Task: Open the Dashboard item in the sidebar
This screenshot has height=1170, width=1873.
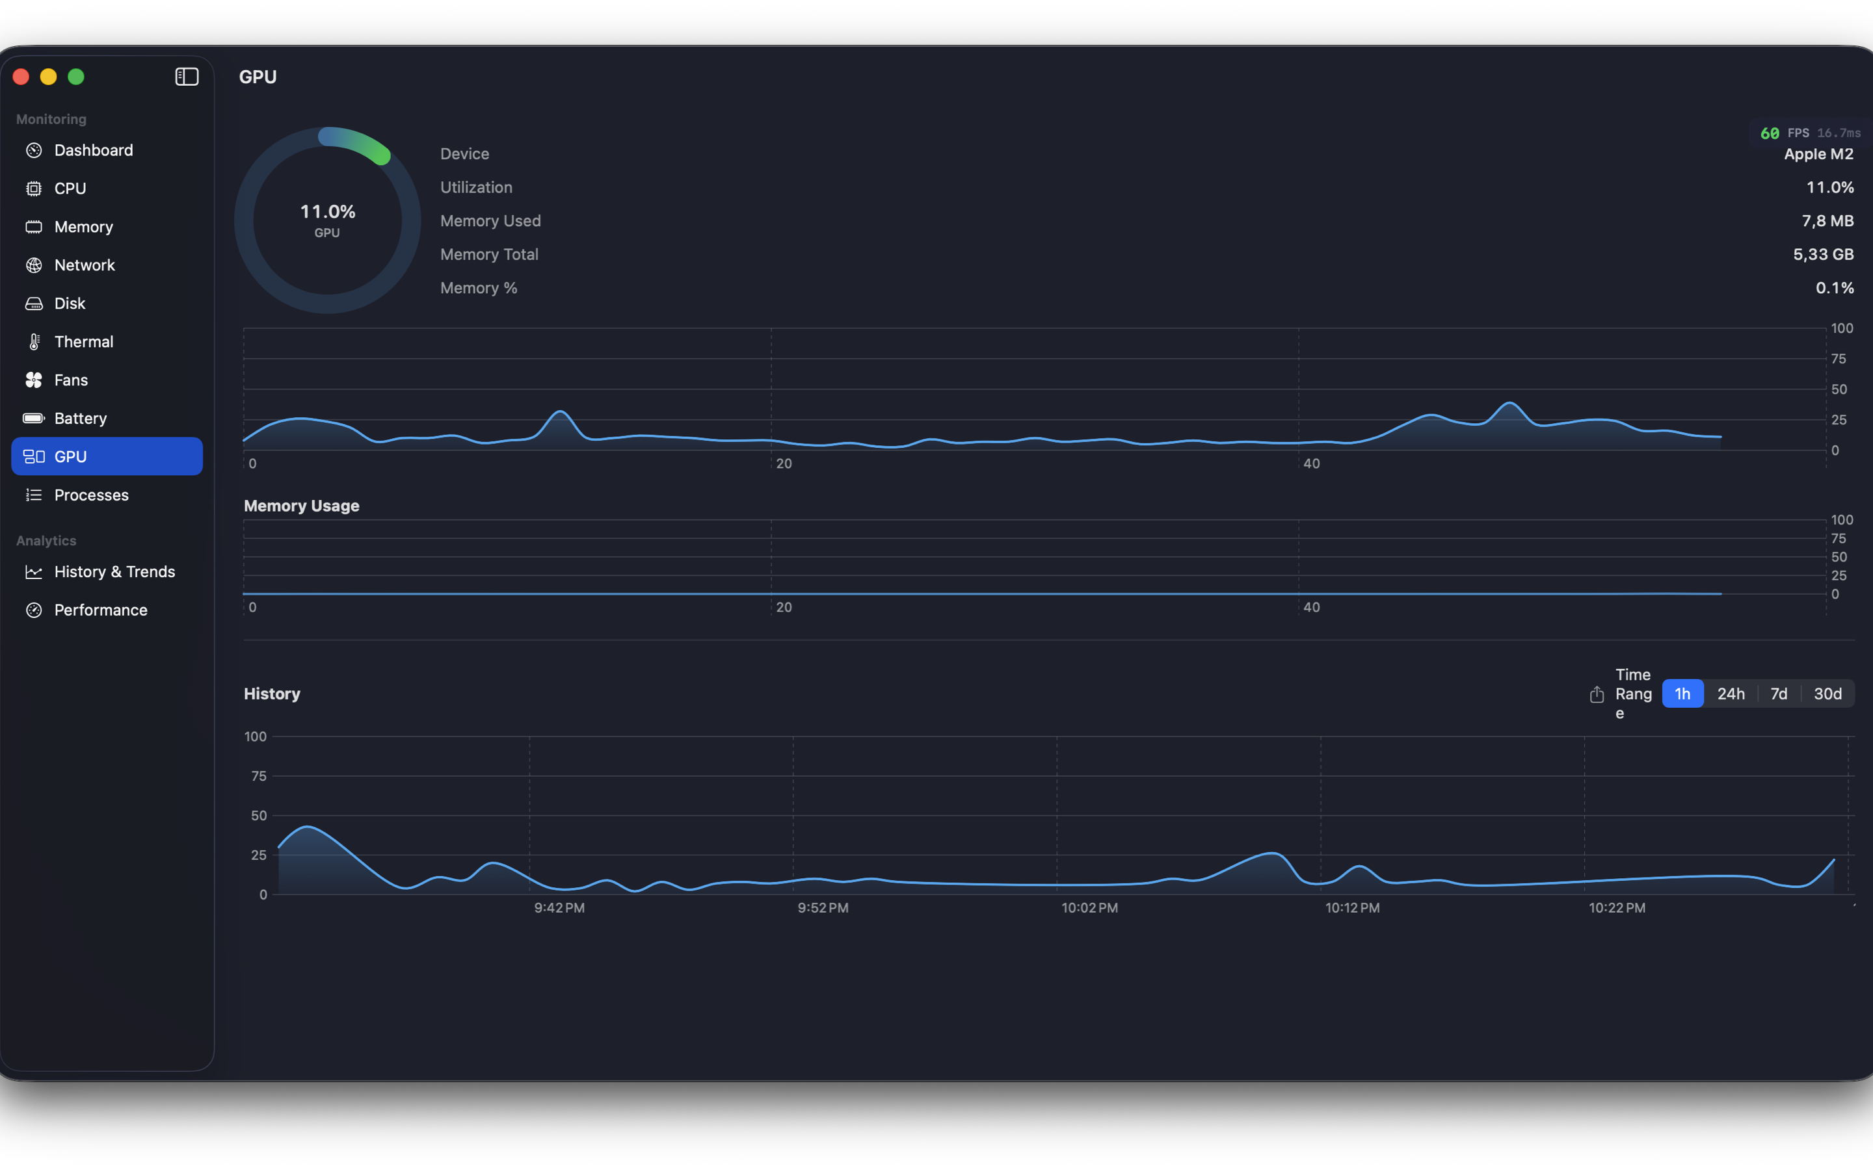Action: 93,150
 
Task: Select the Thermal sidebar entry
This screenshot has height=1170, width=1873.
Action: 84,341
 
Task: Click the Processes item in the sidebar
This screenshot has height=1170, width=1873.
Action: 91,495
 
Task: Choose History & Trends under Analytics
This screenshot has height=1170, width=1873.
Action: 114,572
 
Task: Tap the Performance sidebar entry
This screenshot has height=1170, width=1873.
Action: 101,610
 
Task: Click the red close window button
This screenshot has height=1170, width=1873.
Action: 21,77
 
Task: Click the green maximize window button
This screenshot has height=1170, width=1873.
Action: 76,77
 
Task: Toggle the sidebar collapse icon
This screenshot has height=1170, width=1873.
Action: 187,77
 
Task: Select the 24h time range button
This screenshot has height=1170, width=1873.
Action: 1731,694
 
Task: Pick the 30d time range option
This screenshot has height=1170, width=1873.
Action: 1827,694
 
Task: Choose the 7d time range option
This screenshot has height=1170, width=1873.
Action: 1779,694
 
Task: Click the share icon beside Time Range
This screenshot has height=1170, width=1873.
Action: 1597,694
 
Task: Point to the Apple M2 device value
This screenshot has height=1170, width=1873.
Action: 1818,154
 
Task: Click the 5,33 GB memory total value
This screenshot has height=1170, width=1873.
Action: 1823,255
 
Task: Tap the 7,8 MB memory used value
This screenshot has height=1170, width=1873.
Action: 1827,221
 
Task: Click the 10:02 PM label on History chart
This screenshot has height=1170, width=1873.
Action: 1089,907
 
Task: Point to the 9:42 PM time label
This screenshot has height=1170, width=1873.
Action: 559,907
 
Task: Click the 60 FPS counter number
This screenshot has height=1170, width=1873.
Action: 1770,133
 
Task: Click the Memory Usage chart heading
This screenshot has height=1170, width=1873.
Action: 301,506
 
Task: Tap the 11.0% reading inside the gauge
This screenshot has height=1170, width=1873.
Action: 327,212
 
